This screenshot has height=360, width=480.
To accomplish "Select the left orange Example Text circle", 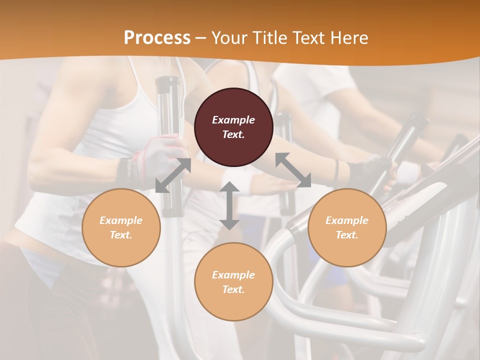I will click(121, 227).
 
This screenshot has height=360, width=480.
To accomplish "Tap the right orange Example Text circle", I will click(347, 227).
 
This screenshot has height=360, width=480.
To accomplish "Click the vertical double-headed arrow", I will click(229, 205).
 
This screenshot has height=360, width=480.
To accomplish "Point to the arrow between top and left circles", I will click(173, 175).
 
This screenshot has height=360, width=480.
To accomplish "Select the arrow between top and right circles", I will click(293, 170).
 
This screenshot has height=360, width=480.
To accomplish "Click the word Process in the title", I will click(157, 38).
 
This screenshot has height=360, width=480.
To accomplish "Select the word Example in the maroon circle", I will click(233, 120).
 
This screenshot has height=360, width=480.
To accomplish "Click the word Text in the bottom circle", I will click(233, 289).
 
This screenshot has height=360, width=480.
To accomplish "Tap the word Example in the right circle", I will click(347, 220).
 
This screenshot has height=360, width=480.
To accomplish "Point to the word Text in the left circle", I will click(121, 235).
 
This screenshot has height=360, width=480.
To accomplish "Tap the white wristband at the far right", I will click(409, 172).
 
